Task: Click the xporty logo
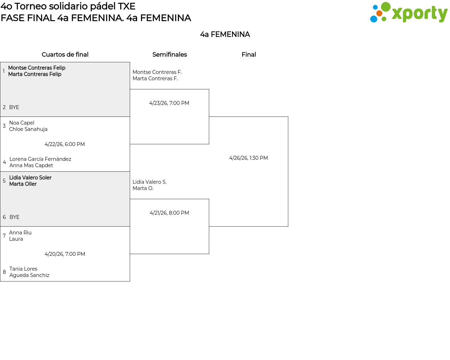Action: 409,13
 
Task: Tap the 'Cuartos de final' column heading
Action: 65,55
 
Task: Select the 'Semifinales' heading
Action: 169,55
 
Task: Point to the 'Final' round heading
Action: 249,55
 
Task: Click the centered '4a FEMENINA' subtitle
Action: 225,34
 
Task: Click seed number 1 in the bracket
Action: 4,71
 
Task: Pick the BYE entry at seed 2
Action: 14,107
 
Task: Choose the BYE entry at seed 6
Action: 14,217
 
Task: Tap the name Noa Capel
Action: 22,123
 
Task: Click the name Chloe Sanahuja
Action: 28,129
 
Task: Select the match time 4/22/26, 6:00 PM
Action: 65,144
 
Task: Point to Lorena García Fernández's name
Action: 40,159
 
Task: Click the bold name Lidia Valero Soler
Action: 30,178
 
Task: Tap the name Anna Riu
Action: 20,233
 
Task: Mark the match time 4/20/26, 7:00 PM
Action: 65,254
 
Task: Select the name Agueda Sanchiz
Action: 29,275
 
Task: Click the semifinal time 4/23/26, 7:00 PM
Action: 169,103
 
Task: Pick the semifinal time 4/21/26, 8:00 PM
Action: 169,213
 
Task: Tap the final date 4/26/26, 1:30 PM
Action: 248,158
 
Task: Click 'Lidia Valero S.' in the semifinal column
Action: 149,182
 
